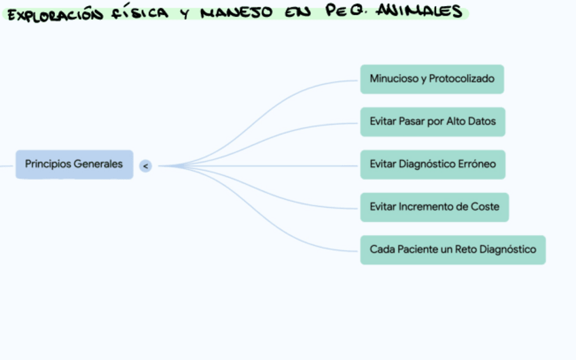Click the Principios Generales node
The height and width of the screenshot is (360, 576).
(x=74, y=164)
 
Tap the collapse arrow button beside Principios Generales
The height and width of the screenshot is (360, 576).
(x=145, y=165)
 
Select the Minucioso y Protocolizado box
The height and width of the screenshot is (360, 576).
(x=432, y=79)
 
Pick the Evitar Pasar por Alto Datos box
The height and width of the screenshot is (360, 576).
(x=433, y=122)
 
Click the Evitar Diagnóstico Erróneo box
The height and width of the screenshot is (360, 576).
(x=433, y=164)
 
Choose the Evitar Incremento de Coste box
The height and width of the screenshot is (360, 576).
(x=434, y=206)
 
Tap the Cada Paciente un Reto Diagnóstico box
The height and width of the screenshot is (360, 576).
(x=452, y=249)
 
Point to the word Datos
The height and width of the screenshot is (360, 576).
(x=481, y=122)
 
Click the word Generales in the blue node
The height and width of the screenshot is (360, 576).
(x=98, y=164)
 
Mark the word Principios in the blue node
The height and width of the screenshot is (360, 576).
(x=48, y=164)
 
